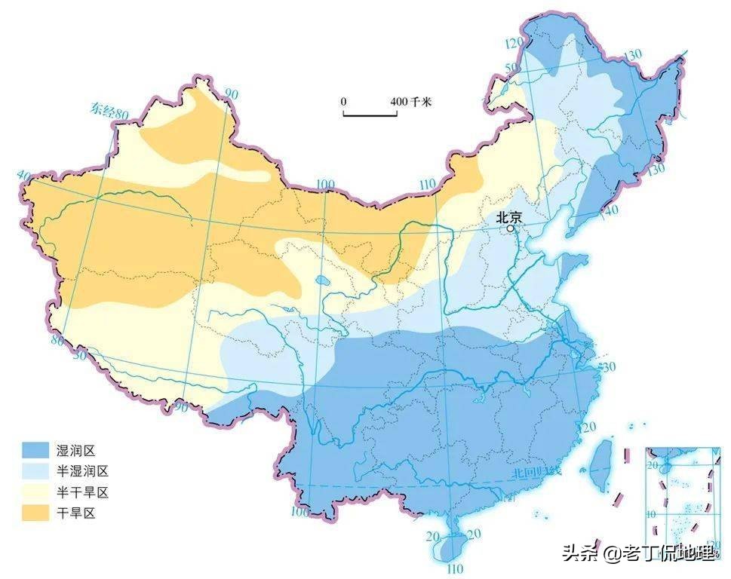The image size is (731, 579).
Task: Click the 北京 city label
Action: click(509, 216)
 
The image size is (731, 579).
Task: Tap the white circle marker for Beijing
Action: click(511, 228)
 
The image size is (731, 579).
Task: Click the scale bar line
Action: click(370, 115)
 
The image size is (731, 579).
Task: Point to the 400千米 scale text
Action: click(410, 102)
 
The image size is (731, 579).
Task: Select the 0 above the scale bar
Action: click(343, 102)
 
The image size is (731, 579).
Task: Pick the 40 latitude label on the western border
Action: click(23, 176)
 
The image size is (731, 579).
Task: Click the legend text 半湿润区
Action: click(83, 471)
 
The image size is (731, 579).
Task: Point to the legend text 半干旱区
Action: click(83, 492)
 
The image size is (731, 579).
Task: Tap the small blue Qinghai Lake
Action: click(322, 282)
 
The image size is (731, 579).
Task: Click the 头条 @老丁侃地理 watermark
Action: click(637, 553)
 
